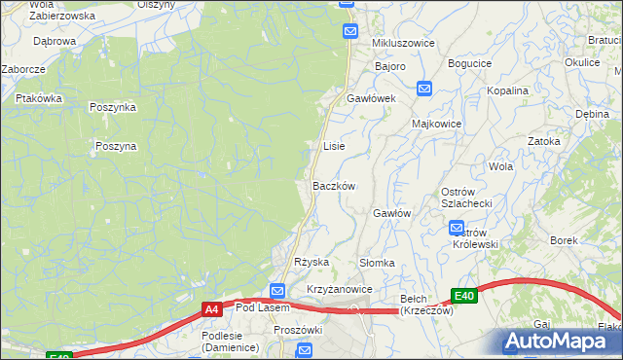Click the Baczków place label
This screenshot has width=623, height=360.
coord(334,186)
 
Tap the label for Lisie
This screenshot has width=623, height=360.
coord(334,146)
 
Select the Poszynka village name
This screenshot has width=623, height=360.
coord(112,108)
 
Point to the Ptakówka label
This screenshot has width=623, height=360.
coord(39,98)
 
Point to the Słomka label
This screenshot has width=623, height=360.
coord(377,263)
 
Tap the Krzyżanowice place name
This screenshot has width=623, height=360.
coord(340,290)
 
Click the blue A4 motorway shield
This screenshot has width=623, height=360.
coord(211,309)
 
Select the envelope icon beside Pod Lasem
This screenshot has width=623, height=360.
coord(276,291)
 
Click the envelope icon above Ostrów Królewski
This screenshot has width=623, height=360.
coord(457,229)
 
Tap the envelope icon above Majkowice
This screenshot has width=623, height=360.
coord(424,89)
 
